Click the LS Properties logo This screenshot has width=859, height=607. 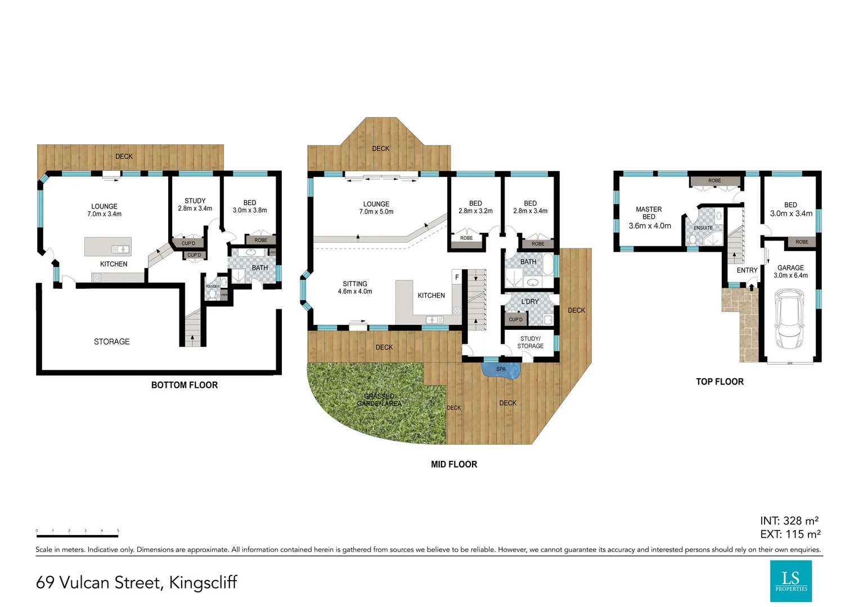tap(790, 581)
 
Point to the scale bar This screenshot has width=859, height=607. tap(77, 532)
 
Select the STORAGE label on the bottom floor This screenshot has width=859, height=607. tap(111, 342)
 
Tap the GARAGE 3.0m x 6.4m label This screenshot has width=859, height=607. tap(790, 271)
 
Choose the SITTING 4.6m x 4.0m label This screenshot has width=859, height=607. tap(355, 288)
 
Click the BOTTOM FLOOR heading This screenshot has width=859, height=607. tap(184, 385)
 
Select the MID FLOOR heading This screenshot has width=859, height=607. tap(453, 464)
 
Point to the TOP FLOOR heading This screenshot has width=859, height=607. tap(719, 382)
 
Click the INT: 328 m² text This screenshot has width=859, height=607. tap(789, 521)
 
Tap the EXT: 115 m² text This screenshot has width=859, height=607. tap(790, 534)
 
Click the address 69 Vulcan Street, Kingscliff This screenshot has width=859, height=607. tap(137, 582)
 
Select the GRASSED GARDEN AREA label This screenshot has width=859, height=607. tap(379, 400)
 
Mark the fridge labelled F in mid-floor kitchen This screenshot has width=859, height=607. tap(457, 277)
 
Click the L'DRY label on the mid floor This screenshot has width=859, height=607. tap(530, 302)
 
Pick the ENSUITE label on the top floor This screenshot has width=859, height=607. tap(703, 228)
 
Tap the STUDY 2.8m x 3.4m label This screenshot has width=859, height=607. tap(195, 205)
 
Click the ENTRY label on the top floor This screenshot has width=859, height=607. tap(747, 270)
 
